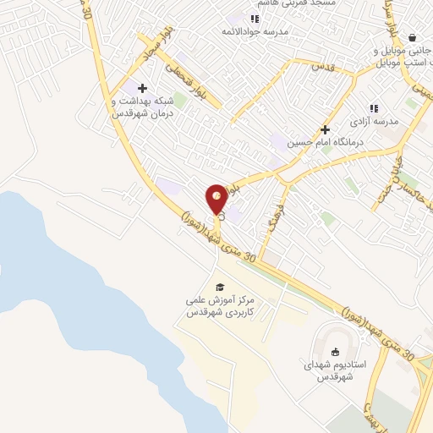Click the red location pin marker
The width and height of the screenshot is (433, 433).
(216, 199)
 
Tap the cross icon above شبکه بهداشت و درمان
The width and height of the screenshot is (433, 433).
(142, 88)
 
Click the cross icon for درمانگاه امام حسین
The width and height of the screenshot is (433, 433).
(325, 129)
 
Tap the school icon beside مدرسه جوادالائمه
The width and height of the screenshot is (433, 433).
(255, 19)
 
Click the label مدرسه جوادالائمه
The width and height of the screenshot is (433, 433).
(253, 31)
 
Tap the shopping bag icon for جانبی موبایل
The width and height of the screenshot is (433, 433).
(411, 37)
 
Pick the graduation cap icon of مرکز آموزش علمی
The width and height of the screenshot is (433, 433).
(220, 288)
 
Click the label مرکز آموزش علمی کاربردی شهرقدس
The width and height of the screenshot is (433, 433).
(220, 306)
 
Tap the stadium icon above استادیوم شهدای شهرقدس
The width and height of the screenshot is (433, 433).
(334, 352)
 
